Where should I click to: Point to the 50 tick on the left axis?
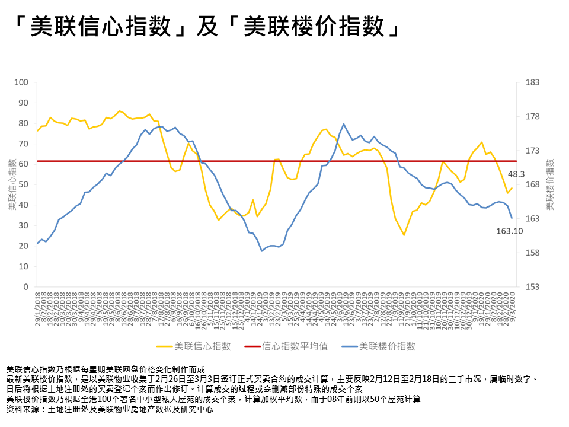24,184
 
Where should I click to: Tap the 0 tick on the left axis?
26,287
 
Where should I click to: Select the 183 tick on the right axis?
532,82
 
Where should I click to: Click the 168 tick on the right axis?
532,184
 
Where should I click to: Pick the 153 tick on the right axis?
532,287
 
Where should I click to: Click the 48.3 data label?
515,174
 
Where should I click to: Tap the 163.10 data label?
509,231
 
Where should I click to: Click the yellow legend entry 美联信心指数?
202,346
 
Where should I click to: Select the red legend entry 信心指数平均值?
295,346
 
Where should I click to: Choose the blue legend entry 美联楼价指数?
386,346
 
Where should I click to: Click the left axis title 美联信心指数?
11,184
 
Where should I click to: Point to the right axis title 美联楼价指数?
549,184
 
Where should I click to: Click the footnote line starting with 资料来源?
109,410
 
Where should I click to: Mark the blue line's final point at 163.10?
512,218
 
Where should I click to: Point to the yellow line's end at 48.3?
512,188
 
